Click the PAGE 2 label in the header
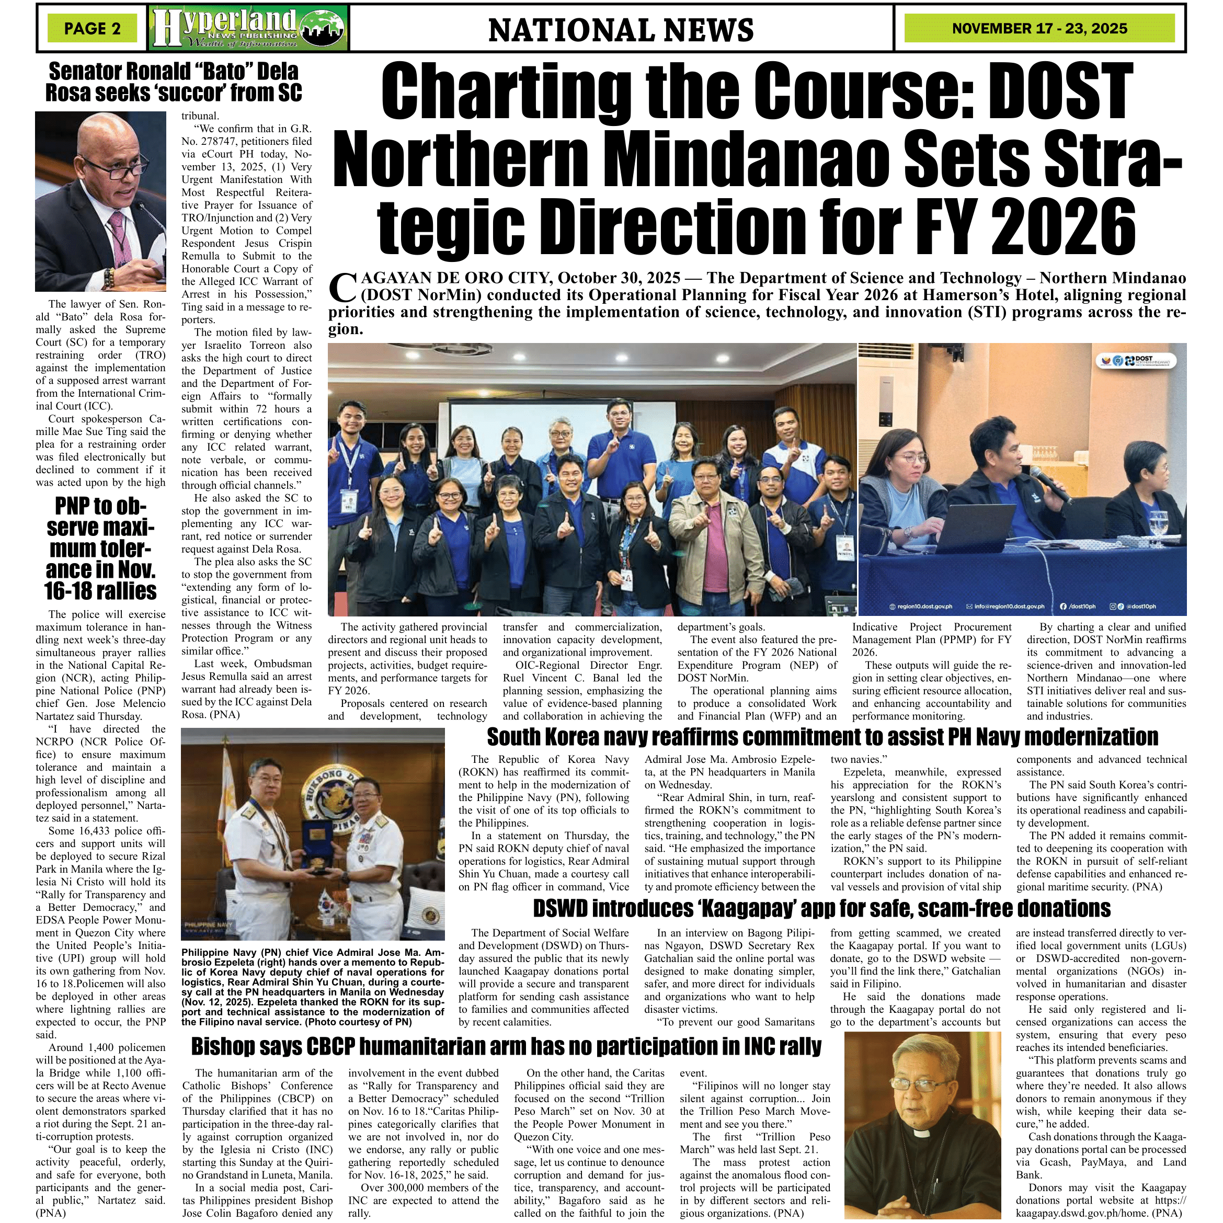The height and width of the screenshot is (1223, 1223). click(93, 28)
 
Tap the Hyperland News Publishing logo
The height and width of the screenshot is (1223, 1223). click(248, 28)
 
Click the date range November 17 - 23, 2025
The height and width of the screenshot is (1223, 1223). click(1039, 28)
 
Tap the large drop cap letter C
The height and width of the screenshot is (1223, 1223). click(342, 288)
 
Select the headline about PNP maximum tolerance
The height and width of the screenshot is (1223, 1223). click(100, 548)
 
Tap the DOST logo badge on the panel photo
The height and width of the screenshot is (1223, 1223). click(1136, 361)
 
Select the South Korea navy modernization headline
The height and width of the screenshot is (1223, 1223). click(822, 737)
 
